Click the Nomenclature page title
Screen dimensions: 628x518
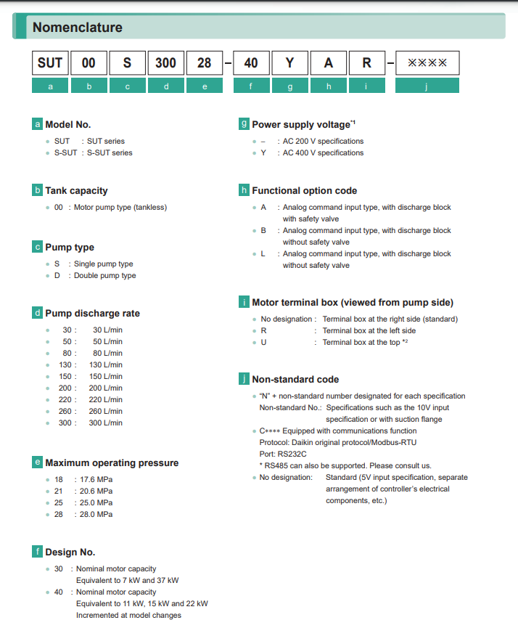coord(78,28)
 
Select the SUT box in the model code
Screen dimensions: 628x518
coord(50,63)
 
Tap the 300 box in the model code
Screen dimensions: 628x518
coord(165,63)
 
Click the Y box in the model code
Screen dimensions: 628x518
coord(289,63)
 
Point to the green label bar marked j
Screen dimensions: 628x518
coord(427,86)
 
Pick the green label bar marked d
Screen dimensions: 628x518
coord(165,86)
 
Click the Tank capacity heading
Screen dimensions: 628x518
coord(76,190)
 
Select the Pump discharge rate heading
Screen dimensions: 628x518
coord(92,313)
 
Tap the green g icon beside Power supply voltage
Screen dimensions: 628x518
coord(244,124)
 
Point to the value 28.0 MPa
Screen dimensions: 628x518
coord(94,514)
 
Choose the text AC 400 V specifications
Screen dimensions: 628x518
coord(323,152)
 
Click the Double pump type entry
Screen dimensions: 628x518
coord(104,275)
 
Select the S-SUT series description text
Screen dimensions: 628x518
coord(110,152)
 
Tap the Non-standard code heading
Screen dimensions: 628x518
coord(295,379)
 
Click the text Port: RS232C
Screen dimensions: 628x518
coord(282,454)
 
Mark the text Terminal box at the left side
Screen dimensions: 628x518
coord(369,330)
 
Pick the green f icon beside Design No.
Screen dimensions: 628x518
coord(37,552)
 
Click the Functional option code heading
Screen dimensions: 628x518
coord(304,190)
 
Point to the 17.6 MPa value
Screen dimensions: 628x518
coord(94,479)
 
